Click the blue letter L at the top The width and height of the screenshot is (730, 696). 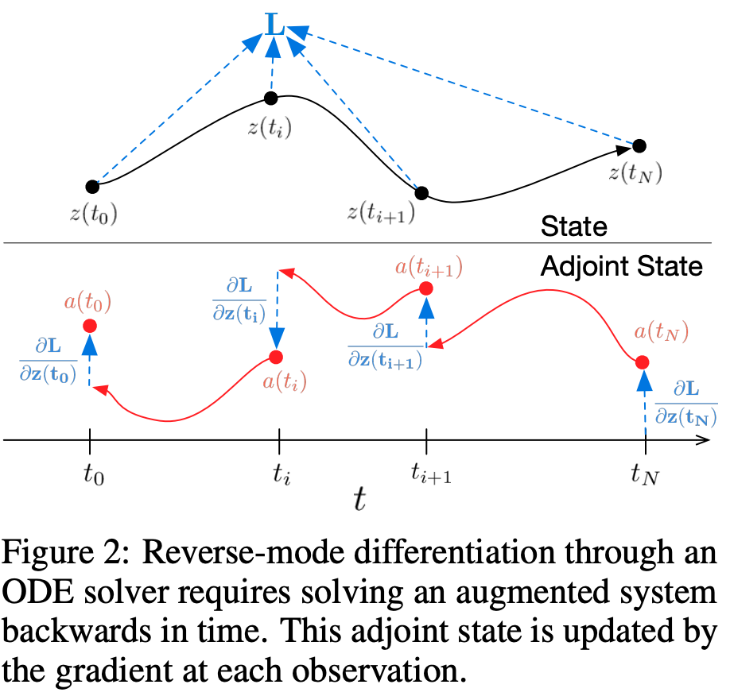tap(274, 25)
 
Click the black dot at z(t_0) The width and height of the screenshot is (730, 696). tap(93, 187)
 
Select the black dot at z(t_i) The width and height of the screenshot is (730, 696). tap(271, 99)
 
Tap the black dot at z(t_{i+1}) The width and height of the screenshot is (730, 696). tap(421, 193)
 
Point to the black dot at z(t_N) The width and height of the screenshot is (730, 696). tap(639, 145)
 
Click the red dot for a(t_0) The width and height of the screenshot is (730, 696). tap(89, 326)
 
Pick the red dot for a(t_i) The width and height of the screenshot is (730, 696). tap(277, 357)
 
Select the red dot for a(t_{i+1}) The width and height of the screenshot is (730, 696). tap(426, 288)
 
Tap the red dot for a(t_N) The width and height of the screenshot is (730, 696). tap(643, 362)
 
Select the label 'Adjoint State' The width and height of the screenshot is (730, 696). tap(621, 266)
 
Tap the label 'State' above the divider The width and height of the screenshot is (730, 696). tap(573, 227)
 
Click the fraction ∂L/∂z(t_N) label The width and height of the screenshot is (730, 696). tap(685, 402)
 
